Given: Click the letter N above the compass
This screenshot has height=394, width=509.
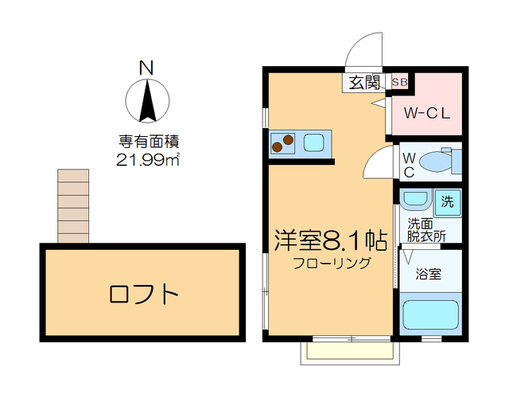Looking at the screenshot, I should [146, 68].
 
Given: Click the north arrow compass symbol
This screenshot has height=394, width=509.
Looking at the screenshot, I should [147, 101].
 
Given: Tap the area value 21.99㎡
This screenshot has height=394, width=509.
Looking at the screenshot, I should [147, 159].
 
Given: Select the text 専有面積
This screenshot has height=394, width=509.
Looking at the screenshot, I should [147, 142].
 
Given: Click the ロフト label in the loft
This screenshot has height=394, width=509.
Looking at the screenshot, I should [143, 295].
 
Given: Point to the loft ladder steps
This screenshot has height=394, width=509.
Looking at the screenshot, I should [73, 205].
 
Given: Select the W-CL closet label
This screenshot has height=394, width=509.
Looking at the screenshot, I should [427, 112].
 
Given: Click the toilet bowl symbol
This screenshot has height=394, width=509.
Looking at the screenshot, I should [436, 162].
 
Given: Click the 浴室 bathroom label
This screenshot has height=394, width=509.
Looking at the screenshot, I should [429, 275].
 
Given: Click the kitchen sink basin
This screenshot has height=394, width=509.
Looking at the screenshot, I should [313, 143].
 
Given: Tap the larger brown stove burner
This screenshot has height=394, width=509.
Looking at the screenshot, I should [288, 139].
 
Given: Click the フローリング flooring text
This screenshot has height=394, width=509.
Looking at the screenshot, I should [332, 263].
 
